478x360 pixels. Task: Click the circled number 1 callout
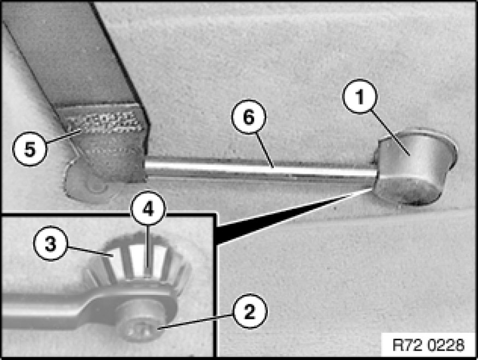coord(360,96)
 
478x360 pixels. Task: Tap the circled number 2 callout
coord(250,311)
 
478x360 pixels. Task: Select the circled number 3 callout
coord(50,243)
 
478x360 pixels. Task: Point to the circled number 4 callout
coord(148,209)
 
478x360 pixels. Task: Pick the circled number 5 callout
coord(29,149)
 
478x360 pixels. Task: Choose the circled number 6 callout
coord(249,116)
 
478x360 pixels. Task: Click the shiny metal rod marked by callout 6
coord(261,169)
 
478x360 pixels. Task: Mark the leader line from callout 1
coord(390,133)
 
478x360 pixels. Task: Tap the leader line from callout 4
coord(148,247)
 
